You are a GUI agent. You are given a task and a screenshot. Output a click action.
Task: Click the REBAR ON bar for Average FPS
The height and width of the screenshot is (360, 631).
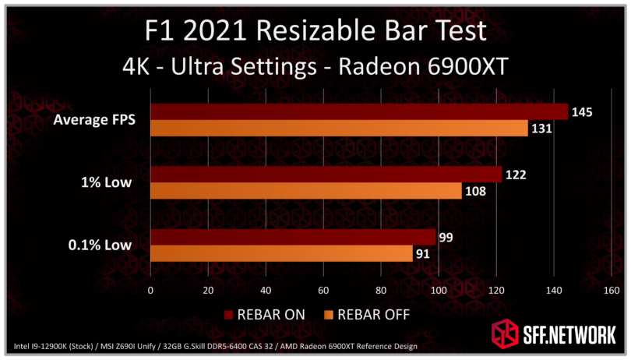pyautogui.click(x=358, y=111)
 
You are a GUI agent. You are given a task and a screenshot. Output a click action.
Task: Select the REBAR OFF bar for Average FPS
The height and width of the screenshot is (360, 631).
pyautogui.click(x=339, y=128)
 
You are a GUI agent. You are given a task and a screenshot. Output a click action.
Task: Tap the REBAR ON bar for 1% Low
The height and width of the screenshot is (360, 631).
pyautogui.click(x=326, y=175)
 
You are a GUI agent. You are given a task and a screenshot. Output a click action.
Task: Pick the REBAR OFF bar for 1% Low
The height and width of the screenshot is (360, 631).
pyautogui.click(x=305, y=191)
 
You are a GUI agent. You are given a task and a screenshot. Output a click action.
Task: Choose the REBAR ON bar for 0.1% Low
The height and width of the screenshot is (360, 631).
pyautogui.click(x=293, y=237)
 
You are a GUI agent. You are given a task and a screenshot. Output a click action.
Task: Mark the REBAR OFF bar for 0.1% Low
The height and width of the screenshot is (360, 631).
pyautogui.click(x=281, y=253)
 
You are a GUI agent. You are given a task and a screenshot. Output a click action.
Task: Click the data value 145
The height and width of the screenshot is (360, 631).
pyautogui.click(x=582, y=112)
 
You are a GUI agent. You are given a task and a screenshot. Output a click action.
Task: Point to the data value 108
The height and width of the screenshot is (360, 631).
pyautogui.click(x=475, y=191)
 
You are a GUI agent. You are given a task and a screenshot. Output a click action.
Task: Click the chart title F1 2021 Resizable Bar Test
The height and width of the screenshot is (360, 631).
pyautogui.click(x=316, y=30)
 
